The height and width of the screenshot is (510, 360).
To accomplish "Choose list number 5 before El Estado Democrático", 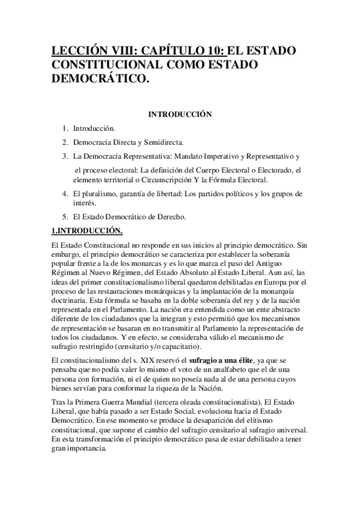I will click(65, 216).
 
